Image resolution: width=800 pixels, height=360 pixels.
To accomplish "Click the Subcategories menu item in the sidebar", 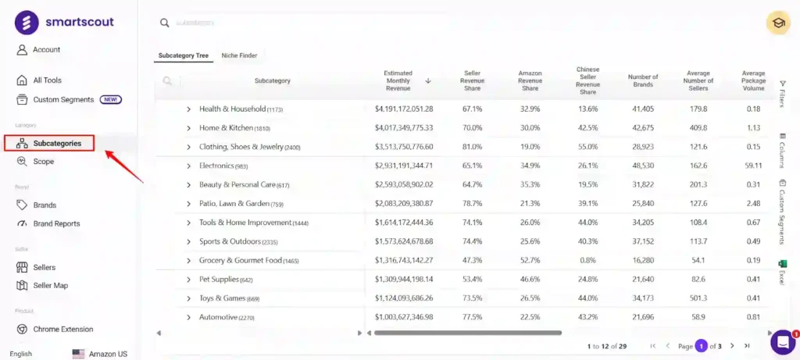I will pyautogui.click(x=56, y=143).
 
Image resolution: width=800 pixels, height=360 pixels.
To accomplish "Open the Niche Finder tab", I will pyautogui.click(x=239, y=55).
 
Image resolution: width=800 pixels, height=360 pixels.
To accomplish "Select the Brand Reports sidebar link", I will pyautogui.click(x=56, y=223).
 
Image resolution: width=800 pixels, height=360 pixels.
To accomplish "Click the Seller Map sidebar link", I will pyautogui.click(x=50, y=286).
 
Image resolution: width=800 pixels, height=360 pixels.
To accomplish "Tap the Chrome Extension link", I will pyautogui.click(x=62, y=330).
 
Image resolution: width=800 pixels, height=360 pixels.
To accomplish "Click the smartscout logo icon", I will pyautogui.click(x=27, y=23).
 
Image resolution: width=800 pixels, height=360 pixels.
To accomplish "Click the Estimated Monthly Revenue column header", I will pyautogui.click(x=398, y=80).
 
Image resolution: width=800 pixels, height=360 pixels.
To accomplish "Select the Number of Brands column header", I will pyautogui.click(x=643, y=80).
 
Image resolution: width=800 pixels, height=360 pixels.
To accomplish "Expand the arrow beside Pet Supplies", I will pyautogui.click(x=188, y=280).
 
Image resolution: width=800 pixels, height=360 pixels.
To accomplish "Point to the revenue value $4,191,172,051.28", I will pyautogui.click(x=404, y=109).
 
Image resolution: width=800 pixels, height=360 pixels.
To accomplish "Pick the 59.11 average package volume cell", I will pyautogui.click(x=753, y=166).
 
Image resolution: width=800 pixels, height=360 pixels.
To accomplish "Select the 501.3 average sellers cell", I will pyautogui.click(x=698, y=298).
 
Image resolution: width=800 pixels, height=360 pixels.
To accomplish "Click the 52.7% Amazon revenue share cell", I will pyautogui.click(x=530, y=261).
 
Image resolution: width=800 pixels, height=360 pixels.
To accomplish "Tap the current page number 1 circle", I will pyautogui.click(x=702, y=346).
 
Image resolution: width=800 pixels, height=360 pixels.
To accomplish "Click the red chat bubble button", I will pyautogui.click(x=782, y=342).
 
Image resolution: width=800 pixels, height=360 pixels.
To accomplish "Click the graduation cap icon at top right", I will pyautogui.click(x=778, y=23).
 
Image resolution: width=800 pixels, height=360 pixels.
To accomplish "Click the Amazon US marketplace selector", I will pyautogui.click(x=100, y=354).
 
